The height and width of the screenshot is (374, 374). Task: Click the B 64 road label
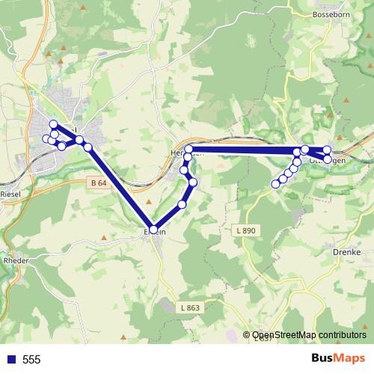coord(98,183)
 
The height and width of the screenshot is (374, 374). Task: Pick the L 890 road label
coord(255,231)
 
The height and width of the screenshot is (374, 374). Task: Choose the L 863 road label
coord(190,307)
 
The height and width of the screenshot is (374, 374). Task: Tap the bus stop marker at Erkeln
coord(154,230)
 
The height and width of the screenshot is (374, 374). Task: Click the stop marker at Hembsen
coord(188,150)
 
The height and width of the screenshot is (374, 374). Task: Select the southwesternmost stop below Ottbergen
coord(275,184)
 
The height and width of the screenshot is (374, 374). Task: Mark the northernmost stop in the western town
coord(53,124)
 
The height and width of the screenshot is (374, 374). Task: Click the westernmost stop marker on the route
coord(46,138)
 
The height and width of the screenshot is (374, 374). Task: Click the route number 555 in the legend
coord(31,360)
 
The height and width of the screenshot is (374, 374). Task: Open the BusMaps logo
coord(338,358)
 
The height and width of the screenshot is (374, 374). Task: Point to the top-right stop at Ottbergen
coord(328,150)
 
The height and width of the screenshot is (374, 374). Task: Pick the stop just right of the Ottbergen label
coord(328,159)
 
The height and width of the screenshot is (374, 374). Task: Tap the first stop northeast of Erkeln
coord(182,204)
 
